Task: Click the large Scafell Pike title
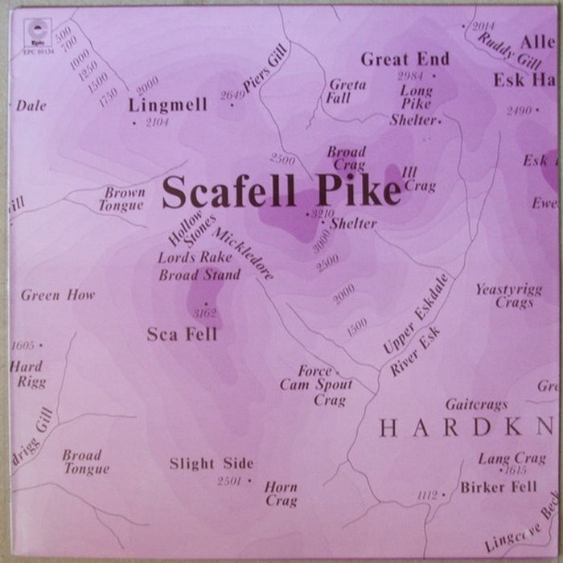point(281,191)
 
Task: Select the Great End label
point(405,60)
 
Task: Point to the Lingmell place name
point(167,105)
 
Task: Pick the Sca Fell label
point(182,335)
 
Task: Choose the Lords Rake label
point(195,257)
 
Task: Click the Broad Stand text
point(199,275)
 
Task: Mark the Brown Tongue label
point(124,199)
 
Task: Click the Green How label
point(58,295)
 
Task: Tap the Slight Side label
point(212,463)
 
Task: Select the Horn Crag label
point(281,494)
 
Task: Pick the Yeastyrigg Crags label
point(503,296)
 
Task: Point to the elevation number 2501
point(231,481)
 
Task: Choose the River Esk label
point(417,355)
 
